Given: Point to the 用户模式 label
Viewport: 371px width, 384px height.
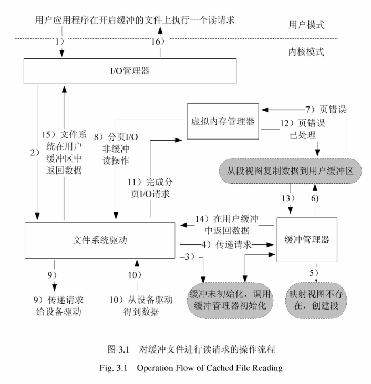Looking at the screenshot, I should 307,25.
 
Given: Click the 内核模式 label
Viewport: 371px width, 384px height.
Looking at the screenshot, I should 307,51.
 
